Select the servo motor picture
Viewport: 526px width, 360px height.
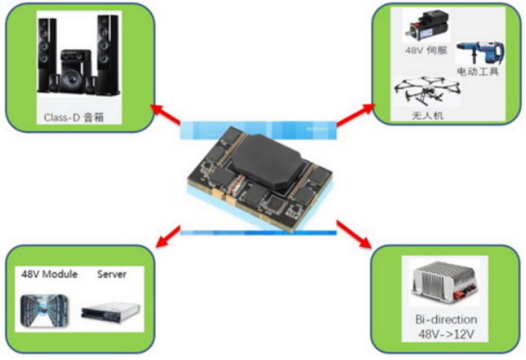coord(422,28)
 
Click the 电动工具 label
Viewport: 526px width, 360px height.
coord(477,72)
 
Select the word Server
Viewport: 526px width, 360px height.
coord(112,275)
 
